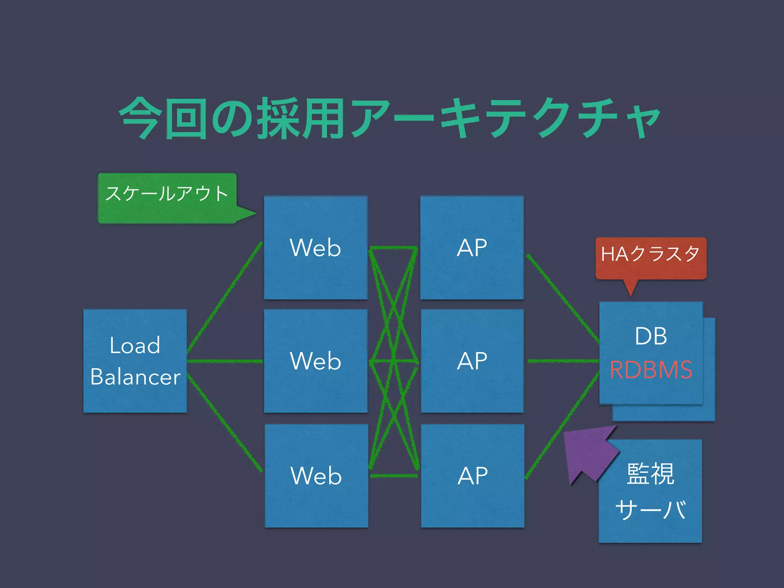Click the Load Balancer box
pos(135,361)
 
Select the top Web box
pos(315,248)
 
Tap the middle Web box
pos(315,361)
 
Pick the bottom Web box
pos(316,475)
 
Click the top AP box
pos(472,248)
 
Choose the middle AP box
pos(472,361)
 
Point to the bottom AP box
pos(472,475)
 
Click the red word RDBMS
pos(651,370)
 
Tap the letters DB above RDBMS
pos(651,336)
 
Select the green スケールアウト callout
pos(167,198)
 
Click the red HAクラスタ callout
pos(650,258)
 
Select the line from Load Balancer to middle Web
pos(225,361)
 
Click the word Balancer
pos(135,377)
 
